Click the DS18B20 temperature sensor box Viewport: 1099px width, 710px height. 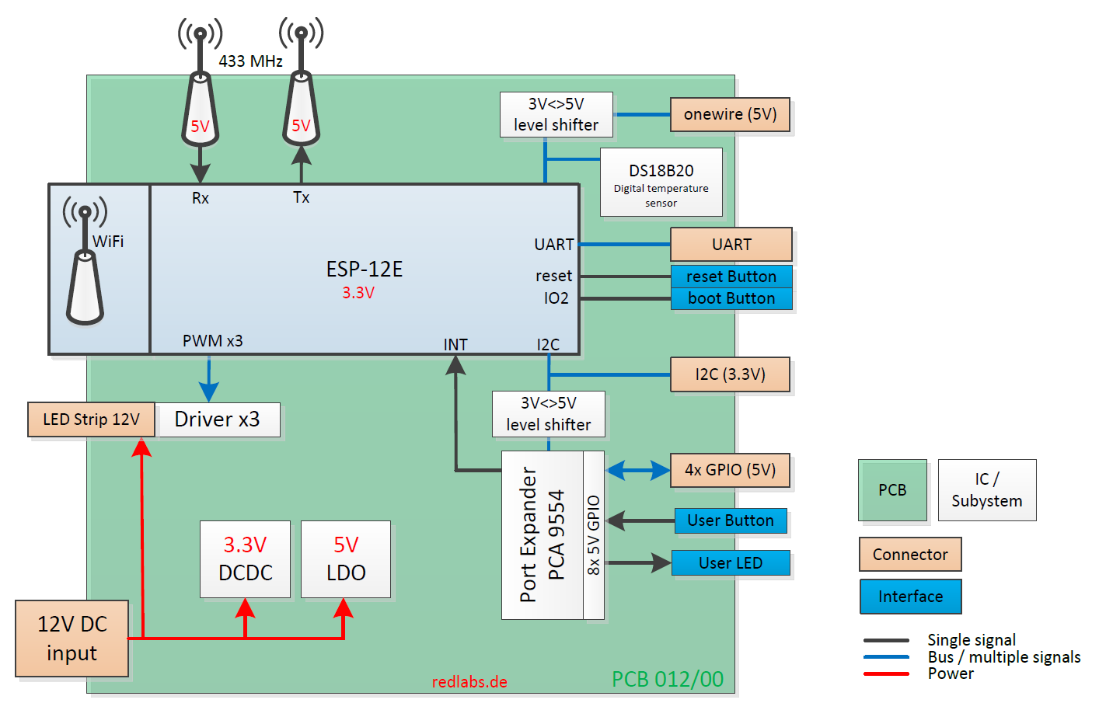[x=661, y=183]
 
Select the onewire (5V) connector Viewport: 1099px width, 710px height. [x=730, y=115]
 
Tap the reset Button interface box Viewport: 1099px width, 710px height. [x=731, y=277]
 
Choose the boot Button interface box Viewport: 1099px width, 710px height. [x=731, y=299]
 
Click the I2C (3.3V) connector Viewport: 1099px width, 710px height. [x=730, y=374]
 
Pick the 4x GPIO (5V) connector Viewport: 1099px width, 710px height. [x=730, y=470]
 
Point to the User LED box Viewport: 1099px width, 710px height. [x=730, y=563]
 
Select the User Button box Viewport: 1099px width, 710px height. [x=730, y=520]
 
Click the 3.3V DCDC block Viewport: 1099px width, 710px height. [x=245, y=559]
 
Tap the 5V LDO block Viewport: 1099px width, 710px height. [x=346, y=559]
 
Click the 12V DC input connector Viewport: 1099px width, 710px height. [x=72, y=639]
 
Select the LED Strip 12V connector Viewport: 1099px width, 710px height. [x=91, y=419]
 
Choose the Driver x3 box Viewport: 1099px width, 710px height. [x=218, y=419]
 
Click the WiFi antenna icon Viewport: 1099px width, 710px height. [x=85, y=264]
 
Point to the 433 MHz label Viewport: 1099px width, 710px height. [x=250, y=61]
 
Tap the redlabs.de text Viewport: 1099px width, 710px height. [x=469, y=682]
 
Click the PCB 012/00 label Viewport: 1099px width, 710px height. [x=667, y=679]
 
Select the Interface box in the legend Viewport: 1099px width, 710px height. [x=910, y=597]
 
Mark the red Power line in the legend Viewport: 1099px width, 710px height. [x=886, y=673]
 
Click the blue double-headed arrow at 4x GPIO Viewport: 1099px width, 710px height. [x=637, y=470]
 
